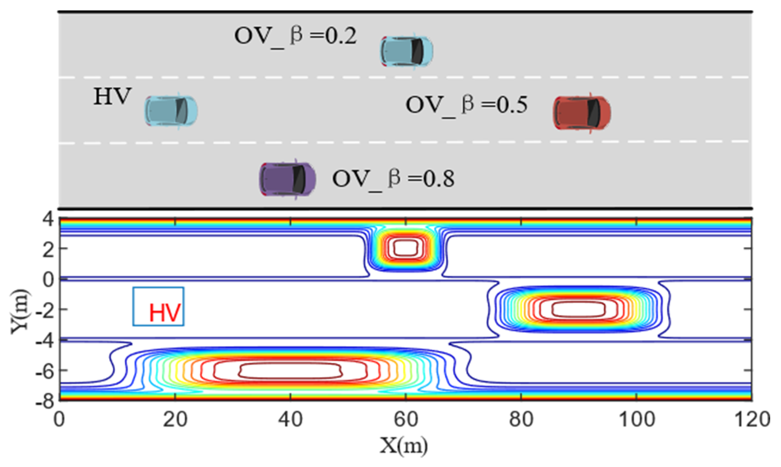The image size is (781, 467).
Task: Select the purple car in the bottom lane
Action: click(x=287, y=179)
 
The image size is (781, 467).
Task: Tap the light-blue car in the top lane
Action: click(x=406, y=51)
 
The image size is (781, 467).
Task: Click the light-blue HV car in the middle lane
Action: click(x=171, y=111)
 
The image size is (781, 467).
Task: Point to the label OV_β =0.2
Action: click(x=295, y=36)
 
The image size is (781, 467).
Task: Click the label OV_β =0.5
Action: click(x=466, y=105)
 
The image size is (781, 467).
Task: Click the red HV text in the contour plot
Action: click(x=165, y=313)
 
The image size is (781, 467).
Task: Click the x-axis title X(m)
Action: click(x=403, y=446)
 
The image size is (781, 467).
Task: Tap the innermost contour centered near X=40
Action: click(x=290, y=370)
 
